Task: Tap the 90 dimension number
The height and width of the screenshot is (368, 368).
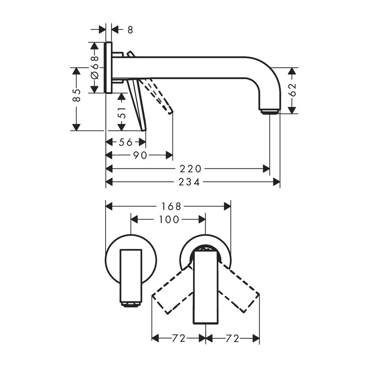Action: coord(140,155)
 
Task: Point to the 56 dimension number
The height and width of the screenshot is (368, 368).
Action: coord(126,142)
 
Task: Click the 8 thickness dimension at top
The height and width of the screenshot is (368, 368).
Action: coord(130,30)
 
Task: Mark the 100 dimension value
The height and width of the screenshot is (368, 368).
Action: coord(169,220)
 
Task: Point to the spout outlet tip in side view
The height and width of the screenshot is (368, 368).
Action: coord(269,112)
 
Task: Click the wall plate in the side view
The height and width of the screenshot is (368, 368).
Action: coord(108,68)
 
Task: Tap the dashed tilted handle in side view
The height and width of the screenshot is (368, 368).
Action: coord(159,96)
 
